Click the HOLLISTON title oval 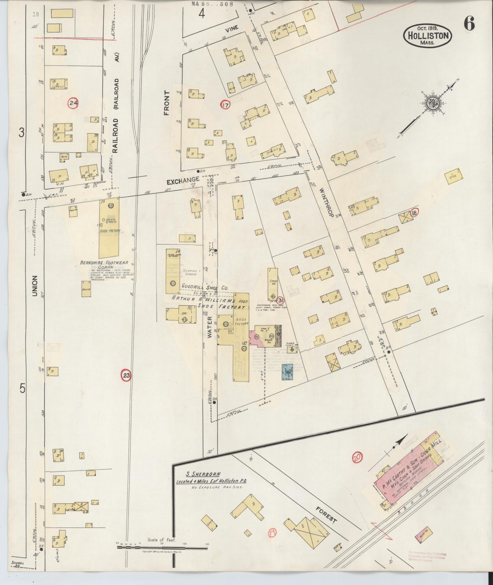428,36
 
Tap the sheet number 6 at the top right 469,23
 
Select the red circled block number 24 73,103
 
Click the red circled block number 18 414,213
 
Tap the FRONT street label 167,103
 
